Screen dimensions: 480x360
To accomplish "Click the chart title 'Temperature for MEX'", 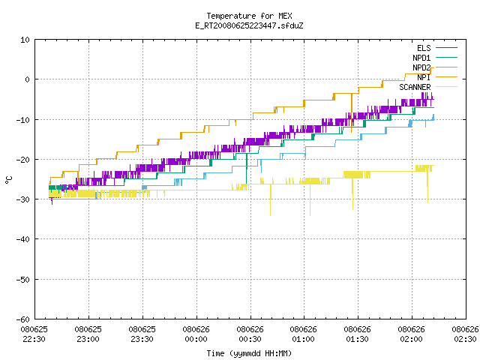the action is click(x=249, y=16).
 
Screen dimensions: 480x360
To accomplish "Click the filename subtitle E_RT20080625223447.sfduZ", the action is click(x=249, y=25).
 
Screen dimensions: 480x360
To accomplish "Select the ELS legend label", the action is click(x=424, y=48).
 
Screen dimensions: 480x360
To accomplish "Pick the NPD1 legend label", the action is click(x=421, y=58).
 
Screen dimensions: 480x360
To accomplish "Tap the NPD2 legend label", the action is click(x=421, y=67).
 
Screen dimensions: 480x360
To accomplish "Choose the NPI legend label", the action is click(x=424, y=77).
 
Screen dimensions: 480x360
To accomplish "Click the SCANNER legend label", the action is click(x=415, y=87).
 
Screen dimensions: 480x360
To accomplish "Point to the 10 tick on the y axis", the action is click(x=25, y=40).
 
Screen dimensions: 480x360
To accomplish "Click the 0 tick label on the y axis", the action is click(x=28, y=79).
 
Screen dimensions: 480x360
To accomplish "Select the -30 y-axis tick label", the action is click(x=23, y=199).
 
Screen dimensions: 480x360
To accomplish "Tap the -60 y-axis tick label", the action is click(x=23, y=319).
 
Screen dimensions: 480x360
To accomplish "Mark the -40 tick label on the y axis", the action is click(x=23, y=239).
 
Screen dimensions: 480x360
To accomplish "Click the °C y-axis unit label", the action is click(x=8, y=180).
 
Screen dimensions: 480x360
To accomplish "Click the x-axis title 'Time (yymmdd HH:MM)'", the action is click(x=249, y=353).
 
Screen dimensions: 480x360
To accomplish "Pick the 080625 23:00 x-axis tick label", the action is click(x=88, y=334).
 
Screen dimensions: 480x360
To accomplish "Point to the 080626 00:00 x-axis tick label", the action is click(x=196, y=334).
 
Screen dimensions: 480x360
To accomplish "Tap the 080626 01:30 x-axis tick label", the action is click(x=357, y=334).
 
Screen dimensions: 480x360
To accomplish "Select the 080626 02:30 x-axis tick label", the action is click(x=465, y=334).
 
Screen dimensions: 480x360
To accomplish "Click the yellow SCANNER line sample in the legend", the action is click(x=446, y=87).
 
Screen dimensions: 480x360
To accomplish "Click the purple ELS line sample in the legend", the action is click(x=446, y=48).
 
